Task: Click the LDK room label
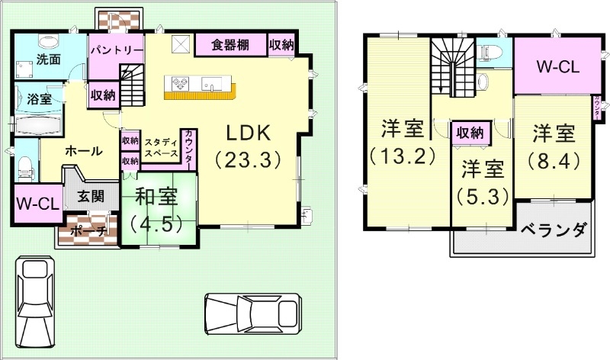(248, 132)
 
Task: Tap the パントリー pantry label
(116, 50)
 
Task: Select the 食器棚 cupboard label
(230, 44)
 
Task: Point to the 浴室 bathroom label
(40, 98)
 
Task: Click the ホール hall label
(84, 151)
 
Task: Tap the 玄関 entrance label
(90, 196)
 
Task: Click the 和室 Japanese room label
(156, 197)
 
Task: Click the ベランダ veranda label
(554, 229)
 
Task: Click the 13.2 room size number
(403, 156)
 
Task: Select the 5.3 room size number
(483, 196)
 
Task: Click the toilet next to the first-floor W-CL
(24, 164)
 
